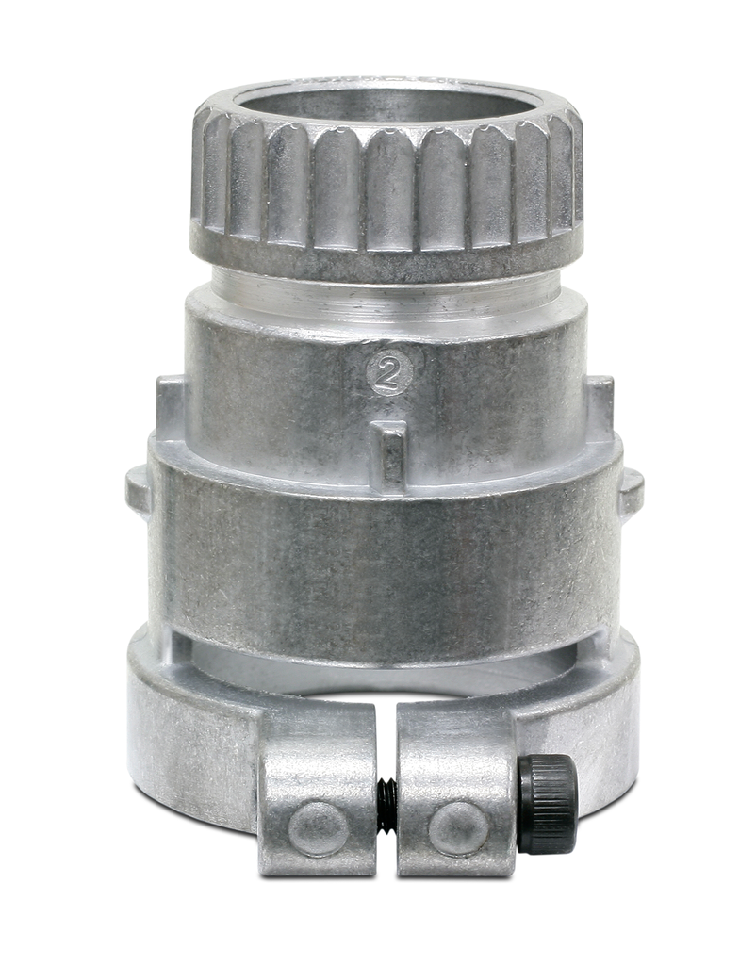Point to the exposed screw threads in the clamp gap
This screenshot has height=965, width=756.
[386, 800]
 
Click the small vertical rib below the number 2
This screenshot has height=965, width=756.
[391, 452]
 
